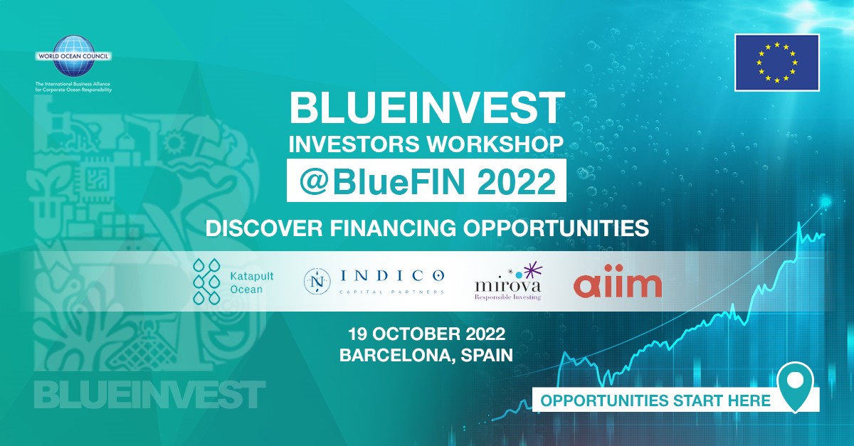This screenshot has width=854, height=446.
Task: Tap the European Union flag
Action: click(776, 63)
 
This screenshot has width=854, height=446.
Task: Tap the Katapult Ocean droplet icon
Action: click(206, 282)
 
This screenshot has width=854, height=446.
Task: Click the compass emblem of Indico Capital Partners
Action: click(315, 281)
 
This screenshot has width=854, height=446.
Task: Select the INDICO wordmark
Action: click(392, 275)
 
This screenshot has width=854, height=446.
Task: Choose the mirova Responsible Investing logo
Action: click(507, 282)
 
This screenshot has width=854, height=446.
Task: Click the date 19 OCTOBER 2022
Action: click(426, 334)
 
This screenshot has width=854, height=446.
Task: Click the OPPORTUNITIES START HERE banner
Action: click(655, 400)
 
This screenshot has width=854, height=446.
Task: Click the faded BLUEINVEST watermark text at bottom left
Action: click(149, 395)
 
